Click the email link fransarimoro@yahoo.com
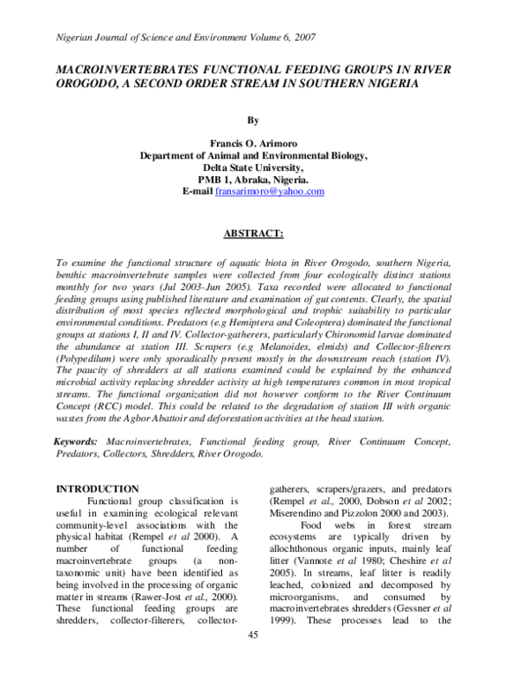point(270,191)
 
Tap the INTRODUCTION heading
point(97,488)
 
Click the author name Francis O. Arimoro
point(254,142)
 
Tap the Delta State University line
point(254,167)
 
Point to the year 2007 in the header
point(301,38)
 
